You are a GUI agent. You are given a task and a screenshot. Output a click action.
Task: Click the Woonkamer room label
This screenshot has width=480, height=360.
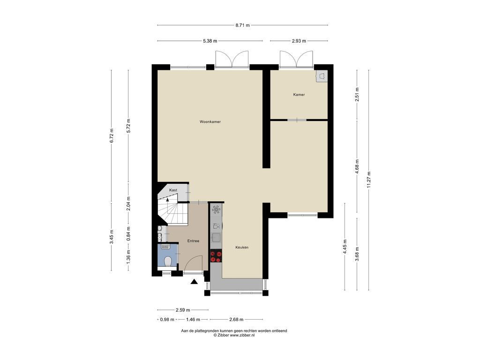click(x=210, y=122)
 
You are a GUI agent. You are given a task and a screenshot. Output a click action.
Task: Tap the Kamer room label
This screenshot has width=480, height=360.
click(x=299, y=95)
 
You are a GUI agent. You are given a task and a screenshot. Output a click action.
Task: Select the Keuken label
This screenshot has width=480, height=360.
click(x=242, y=247)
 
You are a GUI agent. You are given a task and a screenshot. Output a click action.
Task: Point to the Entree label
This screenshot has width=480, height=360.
click(x=193, y=241)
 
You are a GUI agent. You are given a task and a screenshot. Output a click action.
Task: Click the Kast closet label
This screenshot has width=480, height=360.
click(x=173, y=190)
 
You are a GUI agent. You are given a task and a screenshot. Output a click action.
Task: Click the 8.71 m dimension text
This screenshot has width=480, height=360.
click(x=242, y=25)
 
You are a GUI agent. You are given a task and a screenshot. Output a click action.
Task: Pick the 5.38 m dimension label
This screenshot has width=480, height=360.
click(x=210, y=41)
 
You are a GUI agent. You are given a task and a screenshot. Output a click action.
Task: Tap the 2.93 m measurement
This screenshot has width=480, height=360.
click(x=299, y=41)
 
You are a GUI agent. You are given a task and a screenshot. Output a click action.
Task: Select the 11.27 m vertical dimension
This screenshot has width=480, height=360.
click(x=368, y=180)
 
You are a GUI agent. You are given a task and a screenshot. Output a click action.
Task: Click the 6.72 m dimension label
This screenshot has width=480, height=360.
click(x=112, y=135)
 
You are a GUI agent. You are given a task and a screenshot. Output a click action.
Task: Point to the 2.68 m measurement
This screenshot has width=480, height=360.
click(x=236, y=320)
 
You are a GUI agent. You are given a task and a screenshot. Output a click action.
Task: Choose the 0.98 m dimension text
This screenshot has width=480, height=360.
click(x=167, y=320)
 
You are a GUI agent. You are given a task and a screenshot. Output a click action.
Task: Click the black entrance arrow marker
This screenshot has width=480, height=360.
click(x=194, y=282)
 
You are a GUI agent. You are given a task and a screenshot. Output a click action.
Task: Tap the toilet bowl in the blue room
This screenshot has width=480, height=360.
click(x=167, y=262)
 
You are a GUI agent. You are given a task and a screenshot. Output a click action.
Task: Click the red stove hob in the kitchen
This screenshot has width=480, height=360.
click(x=216, y=256)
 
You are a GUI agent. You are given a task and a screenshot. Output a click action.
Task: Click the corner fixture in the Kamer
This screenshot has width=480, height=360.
click(x=322, y=76)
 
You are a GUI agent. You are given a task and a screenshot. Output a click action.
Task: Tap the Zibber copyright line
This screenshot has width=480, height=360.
click(x=234, y=335)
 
